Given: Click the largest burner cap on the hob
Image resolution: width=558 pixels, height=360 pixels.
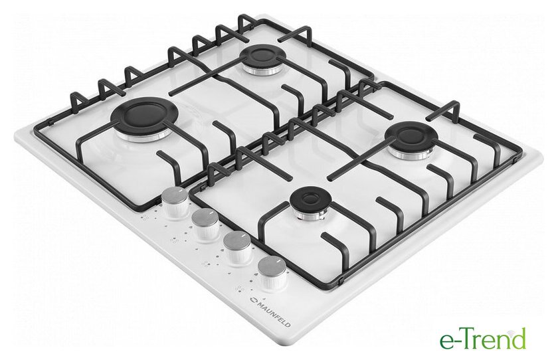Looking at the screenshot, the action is pos(145,116).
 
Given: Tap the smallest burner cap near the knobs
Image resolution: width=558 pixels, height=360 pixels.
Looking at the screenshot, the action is pos(308,203).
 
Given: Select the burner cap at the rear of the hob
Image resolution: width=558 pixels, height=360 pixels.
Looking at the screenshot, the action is pos(263,57).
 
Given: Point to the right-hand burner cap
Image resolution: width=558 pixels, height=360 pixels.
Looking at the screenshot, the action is pos(412,136).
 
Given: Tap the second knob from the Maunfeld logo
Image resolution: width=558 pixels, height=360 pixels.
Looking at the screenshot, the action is pos(238,247).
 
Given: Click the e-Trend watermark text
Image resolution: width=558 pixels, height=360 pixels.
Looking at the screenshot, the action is pos(483,339).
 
